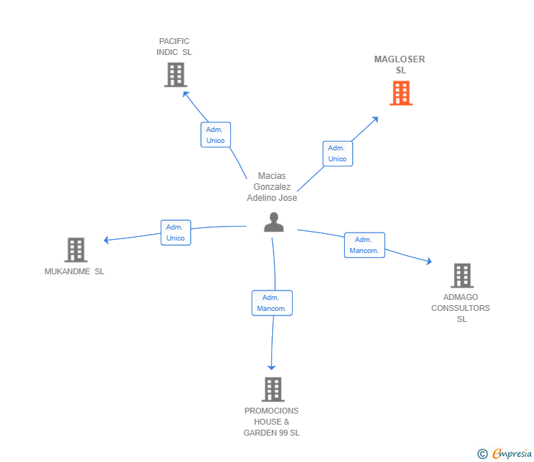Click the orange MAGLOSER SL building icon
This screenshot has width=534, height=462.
pos(401,93)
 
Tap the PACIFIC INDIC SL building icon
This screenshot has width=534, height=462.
pos(176,75)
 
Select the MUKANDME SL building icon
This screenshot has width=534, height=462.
pos(76,250)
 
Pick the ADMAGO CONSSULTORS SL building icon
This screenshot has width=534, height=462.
pos(462,276)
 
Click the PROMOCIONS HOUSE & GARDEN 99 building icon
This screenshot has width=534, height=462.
pos(273,389)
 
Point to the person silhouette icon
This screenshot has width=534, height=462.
pos(274,222)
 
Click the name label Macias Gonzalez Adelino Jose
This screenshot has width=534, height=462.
pos(271,186)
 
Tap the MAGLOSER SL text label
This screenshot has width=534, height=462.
pos(400,65)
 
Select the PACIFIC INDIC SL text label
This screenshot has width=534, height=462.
pos(174,47)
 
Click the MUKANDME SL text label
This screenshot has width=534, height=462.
pos(74,271)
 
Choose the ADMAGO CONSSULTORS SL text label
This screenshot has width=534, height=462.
pos(461,308)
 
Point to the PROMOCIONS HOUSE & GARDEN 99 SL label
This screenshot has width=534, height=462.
pos(271,422)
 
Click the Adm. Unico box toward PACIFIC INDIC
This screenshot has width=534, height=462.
pos(216,135)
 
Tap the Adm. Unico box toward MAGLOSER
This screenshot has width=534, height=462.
pos(337,153)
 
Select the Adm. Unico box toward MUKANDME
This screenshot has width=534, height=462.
pos(176,232)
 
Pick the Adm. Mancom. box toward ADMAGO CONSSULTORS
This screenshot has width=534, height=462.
pos(365,245)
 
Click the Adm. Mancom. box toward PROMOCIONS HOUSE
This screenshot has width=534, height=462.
pos(272,303)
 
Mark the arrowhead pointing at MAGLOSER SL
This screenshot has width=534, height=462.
pos(376,120)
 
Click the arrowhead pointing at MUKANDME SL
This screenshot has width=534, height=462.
pos(106,240)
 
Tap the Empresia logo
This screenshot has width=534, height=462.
pos(505,454)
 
